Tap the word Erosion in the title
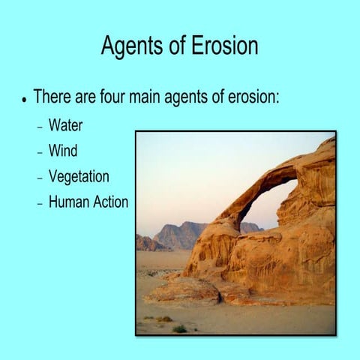coord(223,46)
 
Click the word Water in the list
coord(65,125)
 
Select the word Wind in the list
coord(63,151)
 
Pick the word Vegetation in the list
coord(79,177)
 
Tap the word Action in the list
coord(110,202)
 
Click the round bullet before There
coord(25,99)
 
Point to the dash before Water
coord(40,126)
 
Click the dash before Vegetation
coord(40,178)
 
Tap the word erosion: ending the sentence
coord(252,97)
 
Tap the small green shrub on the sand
coord(179,328)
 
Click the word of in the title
coord(175,46)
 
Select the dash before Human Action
coord(40,202)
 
